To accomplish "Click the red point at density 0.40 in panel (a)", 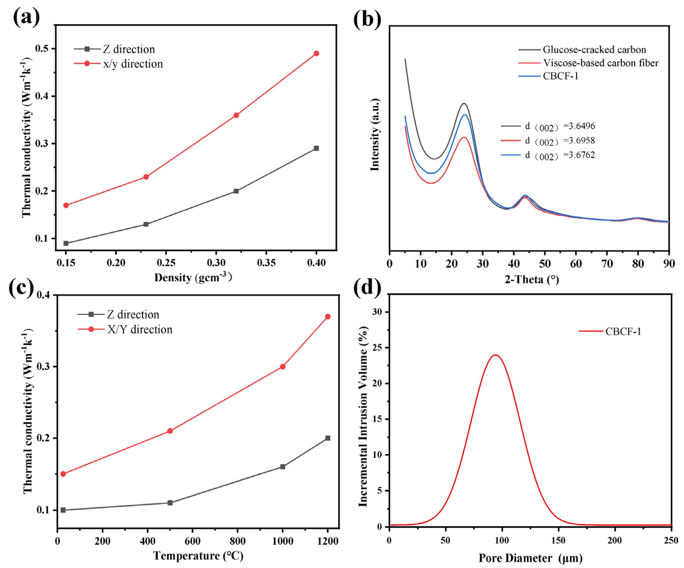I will (316, 54).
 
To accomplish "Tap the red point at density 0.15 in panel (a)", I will (66, 205).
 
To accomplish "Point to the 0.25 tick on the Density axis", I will (166, 262).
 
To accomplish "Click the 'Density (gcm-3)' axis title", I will (193, 278).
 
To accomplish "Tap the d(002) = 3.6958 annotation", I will (560, 141).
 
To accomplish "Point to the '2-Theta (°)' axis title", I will (532, 279).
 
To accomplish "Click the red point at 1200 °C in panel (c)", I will (328, 317).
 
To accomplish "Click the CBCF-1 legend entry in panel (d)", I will (623, 332).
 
